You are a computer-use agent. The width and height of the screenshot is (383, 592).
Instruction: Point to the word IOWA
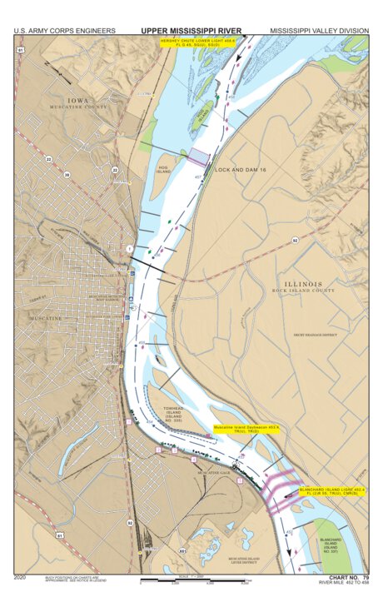coord(77,100)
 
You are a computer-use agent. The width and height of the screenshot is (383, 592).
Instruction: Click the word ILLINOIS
coord(302,283)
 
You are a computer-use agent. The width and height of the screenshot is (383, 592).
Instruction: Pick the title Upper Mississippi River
coord(191,31)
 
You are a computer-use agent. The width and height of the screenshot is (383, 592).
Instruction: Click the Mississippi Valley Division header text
coord(319,31)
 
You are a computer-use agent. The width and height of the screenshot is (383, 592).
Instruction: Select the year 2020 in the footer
coord(22,576)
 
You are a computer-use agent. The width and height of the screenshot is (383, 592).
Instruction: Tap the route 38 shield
coord(66,175)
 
